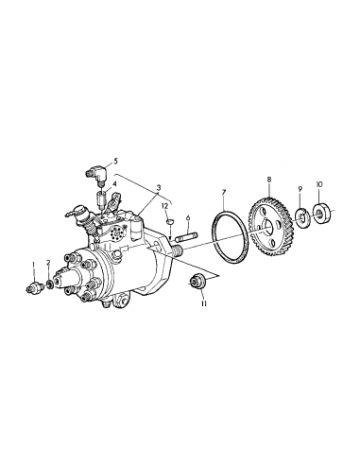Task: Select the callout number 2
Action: click(x=48, y=262)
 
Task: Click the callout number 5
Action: click(x=115, y=162)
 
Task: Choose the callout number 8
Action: click(x=269, y=179)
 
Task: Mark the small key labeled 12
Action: click(x=169, y=223)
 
